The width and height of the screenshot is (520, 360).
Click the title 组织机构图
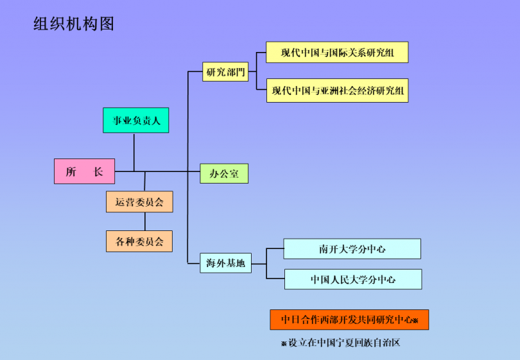[x=74, y=24]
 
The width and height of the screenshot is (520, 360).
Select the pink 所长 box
[x=84, y=171]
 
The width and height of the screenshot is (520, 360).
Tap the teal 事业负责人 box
[x=136, y=120]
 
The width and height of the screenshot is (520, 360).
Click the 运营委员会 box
[x=139, y=201]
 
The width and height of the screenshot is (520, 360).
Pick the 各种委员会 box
[x=139, y=241]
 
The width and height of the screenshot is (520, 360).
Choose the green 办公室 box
[x=224, y=174]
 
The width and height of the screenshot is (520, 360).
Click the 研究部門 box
[x=225, y=72]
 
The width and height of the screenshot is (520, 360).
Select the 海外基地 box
[x=226, y=262]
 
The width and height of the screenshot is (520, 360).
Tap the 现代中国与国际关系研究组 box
[x=337, y=52]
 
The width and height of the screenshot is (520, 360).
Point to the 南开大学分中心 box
[x=352, y=249]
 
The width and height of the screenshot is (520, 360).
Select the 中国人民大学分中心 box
[x=353, y=279]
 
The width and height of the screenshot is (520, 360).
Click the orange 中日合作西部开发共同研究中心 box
[x=349, y=320]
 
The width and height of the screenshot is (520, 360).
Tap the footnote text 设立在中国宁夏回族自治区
[x=344, y=343]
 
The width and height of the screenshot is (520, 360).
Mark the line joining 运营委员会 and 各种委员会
[x=144, y=221]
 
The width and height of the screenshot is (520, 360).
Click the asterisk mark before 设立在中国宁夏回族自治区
[x=284, y=343]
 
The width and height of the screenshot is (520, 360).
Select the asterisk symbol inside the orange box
[x=415, y=320]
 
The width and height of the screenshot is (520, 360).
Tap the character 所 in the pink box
[x=71, y=171]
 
